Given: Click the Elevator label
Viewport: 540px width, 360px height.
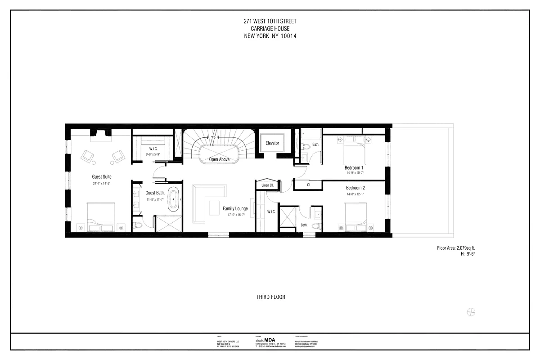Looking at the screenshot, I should (272, 143).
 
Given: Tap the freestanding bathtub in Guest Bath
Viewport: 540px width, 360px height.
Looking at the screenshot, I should (174, 199).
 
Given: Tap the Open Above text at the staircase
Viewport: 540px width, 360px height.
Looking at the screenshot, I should (220, 159).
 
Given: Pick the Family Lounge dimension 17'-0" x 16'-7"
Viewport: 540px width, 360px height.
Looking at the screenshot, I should (235, 215).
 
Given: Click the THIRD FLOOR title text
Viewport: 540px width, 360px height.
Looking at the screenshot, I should (271, 297).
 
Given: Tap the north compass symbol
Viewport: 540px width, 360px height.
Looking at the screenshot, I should (471, 312).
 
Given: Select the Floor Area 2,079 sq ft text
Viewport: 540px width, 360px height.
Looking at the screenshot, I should (456, 248).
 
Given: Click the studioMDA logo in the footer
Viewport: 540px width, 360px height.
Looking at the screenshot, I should (265, 340).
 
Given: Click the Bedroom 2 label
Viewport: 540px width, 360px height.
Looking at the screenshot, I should (355, 188).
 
